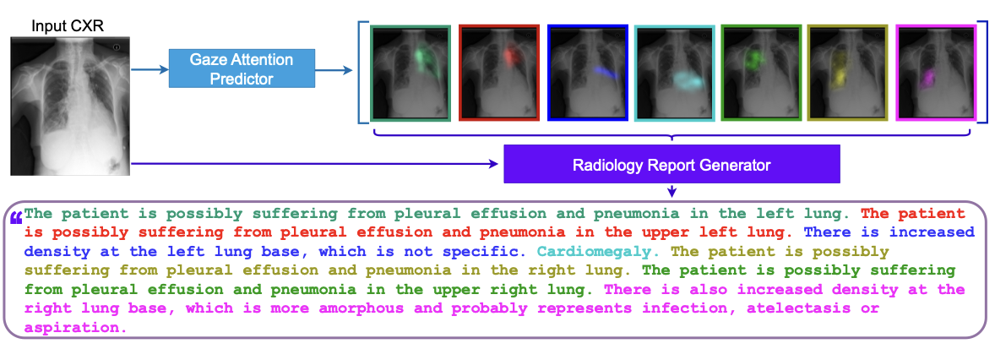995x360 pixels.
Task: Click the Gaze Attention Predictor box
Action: point(242,68)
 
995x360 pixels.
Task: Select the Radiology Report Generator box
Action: point(671,165)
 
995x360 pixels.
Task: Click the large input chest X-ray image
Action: point(69,106)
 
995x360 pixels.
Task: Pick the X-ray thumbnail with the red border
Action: point(499,73)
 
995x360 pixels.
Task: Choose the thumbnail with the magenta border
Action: point(936,73)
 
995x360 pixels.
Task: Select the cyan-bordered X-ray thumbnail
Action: point(675,73)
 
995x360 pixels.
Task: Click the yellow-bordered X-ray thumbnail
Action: point(847,73)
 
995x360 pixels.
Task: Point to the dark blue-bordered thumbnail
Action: point(587,73)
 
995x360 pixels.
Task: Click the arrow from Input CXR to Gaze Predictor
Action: point(149,68)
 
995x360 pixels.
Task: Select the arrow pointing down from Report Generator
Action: point(672,190)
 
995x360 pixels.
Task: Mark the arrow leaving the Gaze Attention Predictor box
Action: point(334,68)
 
